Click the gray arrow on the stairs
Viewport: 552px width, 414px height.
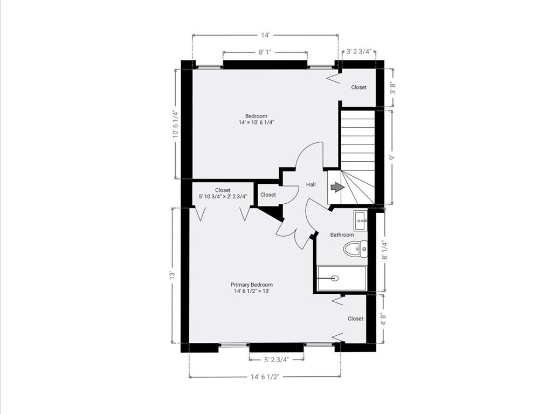coord(337,187)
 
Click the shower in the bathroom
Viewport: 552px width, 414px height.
coord(341,278)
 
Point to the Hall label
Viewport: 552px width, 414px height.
coord(311,184)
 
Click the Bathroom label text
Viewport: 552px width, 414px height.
coord(342,235)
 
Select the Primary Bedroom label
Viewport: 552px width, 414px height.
coord(251,285)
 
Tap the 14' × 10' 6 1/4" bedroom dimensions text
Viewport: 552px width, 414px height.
coord(256,122)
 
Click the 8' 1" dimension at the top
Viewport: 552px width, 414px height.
coord(265,52)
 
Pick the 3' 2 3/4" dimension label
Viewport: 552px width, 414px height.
coord(359,52)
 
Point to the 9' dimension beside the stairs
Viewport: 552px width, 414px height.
coord(392,157)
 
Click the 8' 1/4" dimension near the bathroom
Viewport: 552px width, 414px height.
coord(384,250)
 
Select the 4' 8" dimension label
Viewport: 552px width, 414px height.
coord(383,319)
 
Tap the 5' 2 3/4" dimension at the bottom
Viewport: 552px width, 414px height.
coord(277,360)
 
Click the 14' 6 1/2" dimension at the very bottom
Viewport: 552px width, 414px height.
coord(264,377)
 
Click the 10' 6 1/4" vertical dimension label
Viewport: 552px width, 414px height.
coord(175,125)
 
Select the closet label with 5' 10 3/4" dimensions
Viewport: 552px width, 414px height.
coord(223,194)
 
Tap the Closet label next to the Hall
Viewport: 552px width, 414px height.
coord(268,195)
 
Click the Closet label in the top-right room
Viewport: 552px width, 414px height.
coord(359,87)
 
